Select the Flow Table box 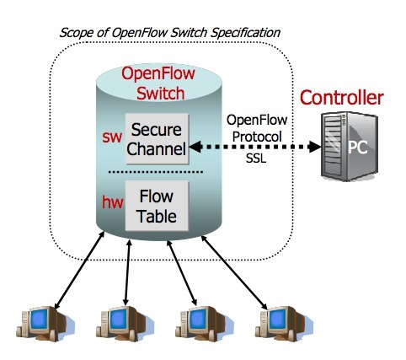coord(158,206)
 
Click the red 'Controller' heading coord(343,98)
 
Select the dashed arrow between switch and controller coord(253,147)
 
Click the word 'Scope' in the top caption coord(77,32)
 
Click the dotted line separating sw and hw coord(157,172)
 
